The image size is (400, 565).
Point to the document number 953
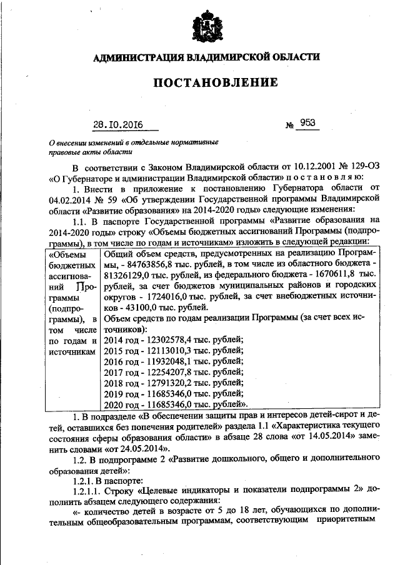coord(307,123)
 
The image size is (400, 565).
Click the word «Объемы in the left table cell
coord(68,255)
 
